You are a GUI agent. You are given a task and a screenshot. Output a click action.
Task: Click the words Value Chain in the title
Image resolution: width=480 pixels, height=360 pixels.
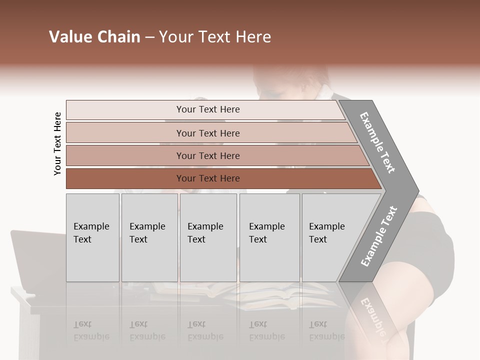94,37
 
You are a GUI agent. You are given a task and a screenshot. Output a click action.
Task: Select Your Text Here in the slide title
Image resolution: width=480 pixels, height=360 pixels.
215,37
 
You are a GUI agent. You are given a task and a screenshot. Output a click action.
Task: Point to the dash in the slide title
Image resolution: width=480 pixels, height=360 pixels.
149,37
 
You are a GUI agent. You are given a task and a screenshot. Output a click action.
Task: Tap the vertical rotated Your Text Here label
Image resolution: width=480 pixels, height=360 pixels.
57,143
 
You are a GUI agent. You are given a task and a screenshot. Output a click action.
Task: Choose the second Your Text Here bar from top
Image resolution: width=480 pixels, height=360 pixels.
207,133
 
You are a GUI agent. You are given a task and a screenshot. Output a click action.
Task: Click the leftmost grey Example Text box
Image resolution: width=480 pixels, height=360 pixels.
92,237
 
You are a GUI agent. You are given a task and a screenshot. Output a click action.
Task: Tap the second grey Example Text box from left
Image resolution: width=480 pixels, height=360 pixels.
149,237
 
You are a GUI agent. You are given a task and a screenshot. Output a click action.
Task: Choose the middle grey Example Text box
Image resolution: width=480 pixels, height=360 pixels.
208,237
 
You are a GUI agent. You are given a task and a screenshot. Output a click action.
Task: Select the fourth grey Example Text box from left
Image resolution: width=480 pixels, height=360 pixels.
269,237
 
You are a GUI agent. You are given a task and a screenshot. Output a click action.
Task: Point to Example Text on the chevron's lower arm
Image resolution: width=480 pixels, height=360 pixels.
379,236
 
